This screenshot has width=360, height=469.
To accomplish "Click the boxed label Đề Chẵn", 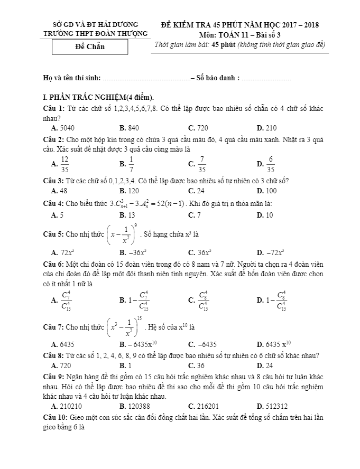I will pyautogui.click(x=90, y=46).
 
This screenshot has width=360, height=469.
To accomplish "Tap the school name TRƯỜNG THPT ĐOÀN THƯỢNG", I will pyautogui.click(x=95, y=34).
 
